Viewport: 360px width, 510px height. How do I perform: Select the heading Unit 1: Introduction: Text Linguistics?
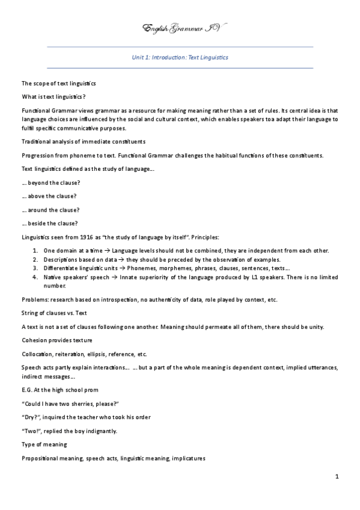click(180, 58)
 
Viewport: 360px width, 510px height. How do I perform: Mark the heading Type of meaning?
click(44, 444)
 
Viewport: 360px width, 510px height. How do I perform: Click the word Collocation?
click(37, 354)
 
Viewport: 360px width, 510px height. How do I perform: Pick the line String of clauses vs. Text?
click(55, 313)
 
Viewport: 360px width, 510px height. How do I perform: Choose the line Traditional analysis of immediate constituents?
click(83, 141)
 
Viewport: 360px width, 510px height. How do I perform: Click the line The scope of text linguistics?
click(59, 83)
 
